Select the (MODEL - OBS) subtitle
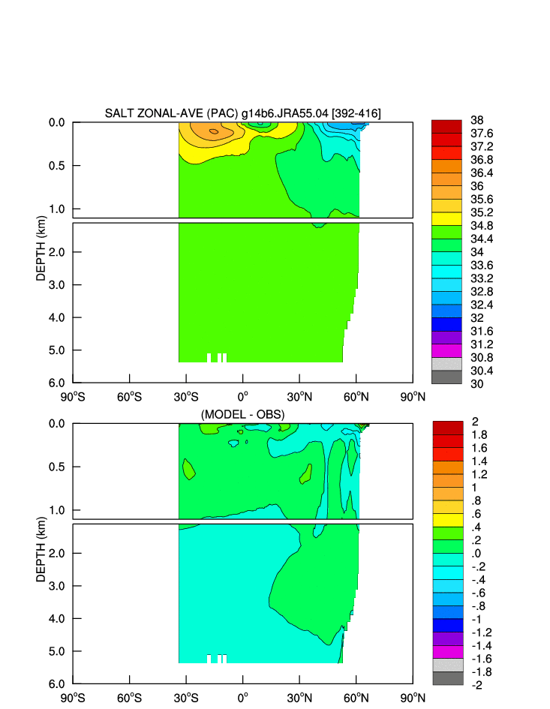tap(242, 414)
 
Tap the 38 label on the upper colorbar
tap(476, 120)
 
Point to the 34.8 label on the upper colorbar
tap(481, 225)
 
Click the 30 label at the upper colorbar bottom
tap(476, 383)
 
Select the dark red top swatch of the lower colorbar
tap(447, 427)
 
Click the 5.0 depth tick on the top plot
tap(57, 350)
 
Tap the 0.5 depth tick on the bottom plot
tap(57, 467)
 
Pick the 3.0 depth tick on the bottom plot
tap(57, 586)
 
